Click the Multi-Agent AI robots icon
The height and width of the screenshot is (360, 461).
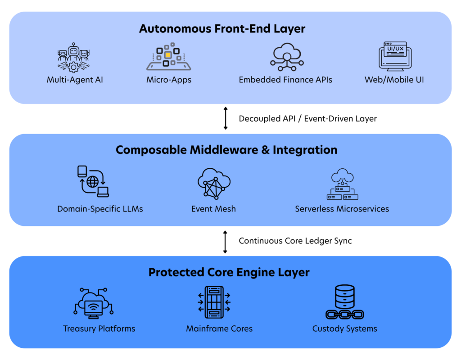coord(73,58)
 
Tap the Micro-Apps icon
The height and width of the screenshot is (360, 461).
coord(169,56)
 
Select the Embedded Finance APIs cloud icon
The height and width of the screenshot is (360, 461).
coord(287,57)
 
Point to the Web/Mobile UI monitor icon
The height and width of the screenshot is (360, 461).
coord(395,56)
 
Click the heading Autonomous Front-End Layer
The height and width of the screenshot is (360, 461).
coord(222,29)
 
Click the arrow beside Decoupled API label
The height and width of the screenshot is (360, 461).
coord(226,118)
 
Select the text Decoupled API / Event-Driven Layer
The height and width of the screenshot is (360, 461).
coord(307,118)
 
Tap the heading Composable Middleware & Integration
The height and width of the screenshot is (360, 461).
coord(226,150)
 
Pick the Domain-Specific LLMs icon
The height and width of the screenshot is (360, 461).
coord(93,181)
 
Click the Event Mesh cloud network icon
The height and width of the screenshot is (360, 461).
coord(214,184)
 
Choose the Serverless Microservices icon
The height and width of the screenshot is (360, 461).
coord(343,184)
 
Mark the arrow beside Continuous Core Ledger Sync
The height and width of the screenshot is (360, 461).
coord(225,242)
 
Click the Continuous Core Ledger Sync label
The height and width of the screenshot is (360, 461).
coord(295,241)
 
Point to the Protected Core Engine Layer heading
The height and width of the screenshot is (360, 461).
coord(229,272)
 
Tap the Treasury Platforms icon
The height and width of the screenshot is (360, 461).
coord(94,303)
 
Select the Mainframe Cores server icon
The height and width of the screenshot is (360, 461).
coord(214,302)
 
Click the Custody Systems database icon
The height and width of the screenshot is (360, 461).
coord(345,302)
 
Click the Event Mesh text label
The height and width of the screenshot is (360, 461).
coord(213,209)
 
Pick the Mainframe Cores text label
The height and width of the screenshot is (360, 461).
coord(219,328)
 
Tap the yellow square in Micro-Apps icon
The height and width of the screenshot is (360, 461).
coord(168,55)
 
